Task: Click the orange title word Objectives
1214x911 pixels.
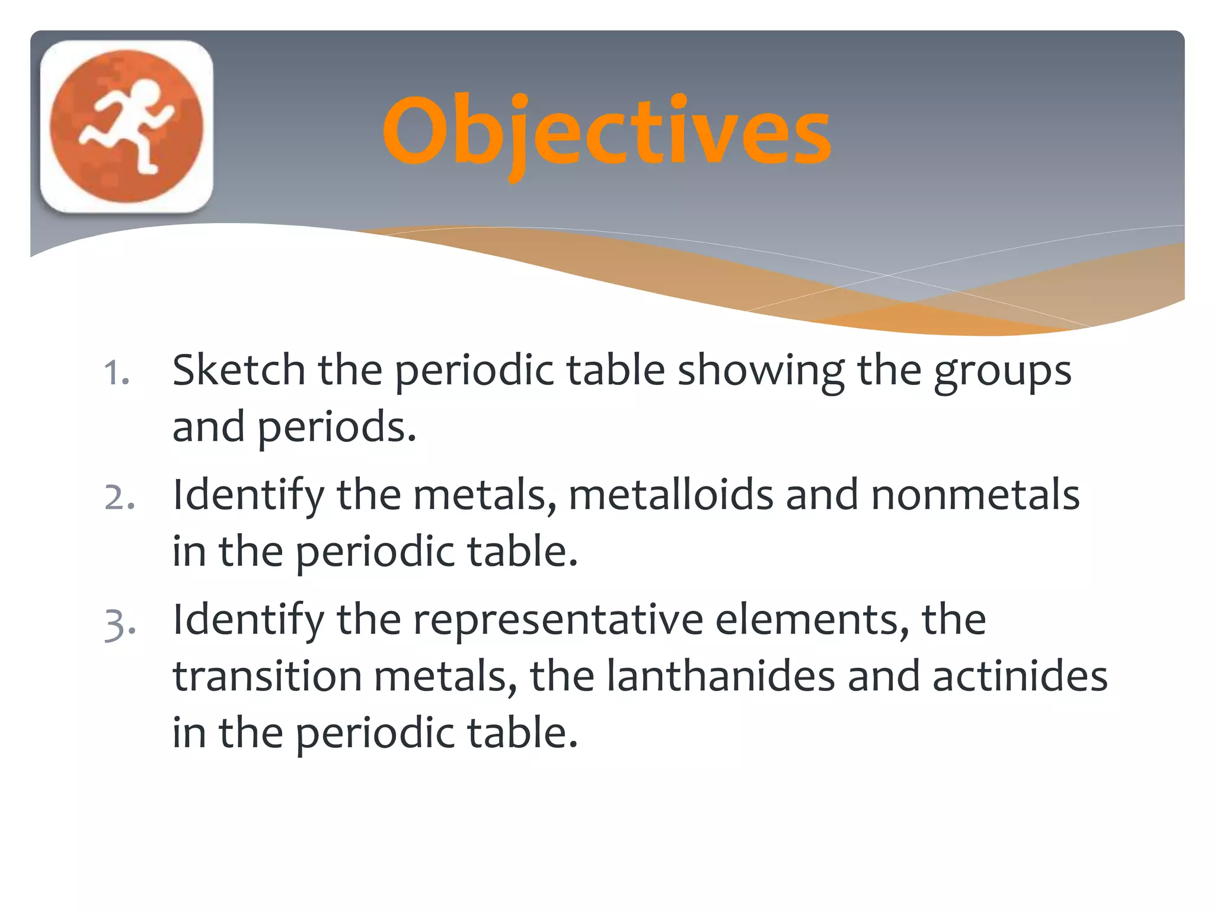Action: click(606, 132)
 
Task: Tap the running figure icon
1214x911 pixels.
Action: click(126, 126)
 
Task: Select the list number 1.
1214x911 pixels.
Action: click(116, 374)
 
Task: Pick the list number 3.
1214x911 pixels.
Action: click(119, 624)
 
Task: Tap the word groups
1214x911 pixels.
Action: click(1002, 372)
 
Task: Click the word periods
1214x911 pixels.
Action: click(337, 427)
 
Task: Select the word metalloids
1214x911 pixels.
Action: click(670, 495)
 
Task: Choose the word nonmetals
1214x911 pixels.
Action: click(975, 495)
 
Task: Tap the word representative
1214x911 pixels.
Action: click(557, 620)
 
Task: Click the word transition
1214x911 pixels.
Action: click(267, 676)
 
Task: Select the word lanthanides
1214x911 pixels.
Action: click(721, 676)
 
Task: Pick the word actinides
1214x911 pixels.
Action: click(1020, 676)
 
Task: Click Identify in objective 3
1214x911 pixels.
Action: click(248, 620)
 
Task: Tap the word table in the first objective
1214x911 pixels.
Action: click(615, 370)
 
